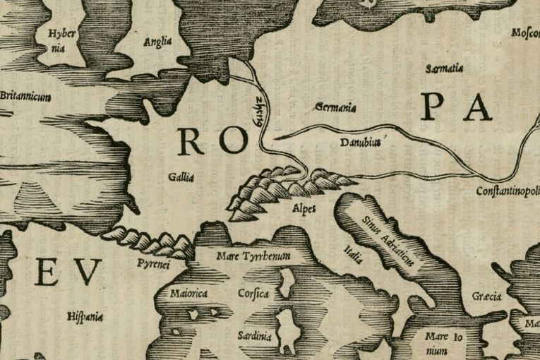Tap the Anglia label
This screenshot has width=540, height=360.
point(157,42)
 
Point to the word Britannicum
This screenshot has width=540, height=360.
point(25,96)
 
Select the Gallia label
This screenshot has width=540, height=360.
point(181,176)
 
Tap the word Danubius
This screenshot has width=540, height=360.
point(360,142)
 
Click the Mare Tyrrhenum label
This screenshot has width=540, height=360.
point(254,256)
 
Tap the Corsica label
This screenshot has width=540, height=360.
point(253,293)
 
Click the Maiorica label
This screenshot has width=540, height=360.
point(188,292)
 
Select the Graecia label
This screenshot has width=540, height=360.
point(486,296)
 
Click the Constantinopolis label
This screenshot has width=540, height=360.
point(507,191)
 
